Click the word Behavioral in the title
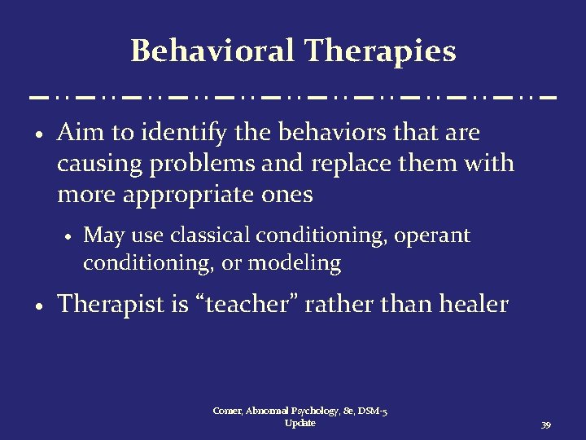(x=212, y=51)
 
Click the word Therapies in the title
(x=380, y=51)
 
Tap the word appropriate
(x=178, y=196)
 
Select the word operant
(x=432, y=235)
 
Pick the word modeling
(x=294, y=263)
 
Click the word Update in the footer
(x=300, y=423)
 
